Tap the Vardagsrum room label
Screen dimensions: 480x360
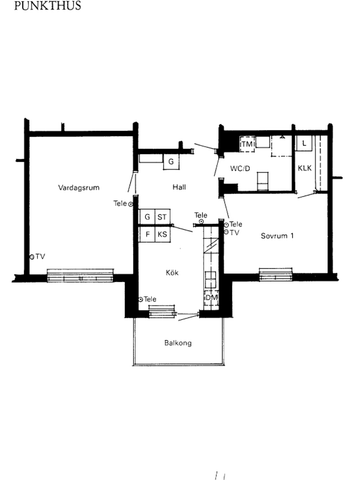(x=77, y=186)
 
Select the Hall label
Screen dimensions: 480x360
(x=179, y=187)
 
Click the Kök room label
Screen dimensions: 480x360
(x=172, y=271)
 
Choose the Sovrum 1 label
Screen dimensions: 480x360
(x=277, y=237)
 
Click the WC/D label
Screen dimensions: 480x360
(x=240, y=169)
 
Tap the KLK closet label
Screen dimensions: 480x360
(x=304, y=167)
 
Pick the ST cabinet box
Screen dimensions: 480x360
(x=162, y=216)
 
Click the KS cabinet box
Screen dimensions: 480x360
(x=162, y=235)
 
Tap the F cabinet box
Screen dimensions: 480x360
(x=146, y=235)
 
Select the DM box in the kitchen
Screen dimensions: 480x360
(x=211, y=298)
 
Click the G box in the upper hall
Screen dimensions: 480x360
(x=171, y=161)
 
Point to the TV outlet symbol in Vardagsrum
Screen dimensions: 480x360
(x=32, y=256)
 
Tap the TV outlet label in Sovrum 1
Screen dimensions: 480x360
(x=236, y=233)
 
